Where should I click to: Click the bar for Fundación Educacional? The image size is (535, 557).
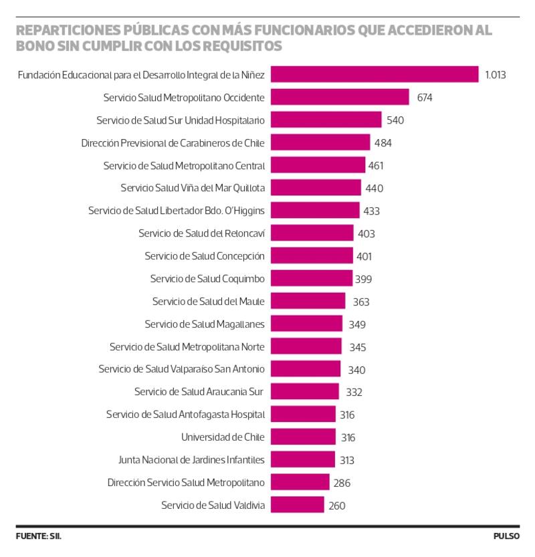click(x=374, y=74)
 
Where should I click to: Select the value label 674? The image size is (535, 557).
click(x=425, y=98)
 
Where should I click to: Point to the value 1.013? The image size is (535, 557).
click(x=496, y=75)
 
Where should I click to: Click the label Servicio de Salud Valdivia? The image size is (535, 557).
click(x=213, y=506)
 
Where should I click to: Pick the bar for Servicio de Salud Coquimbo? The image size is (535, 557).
click(x=312, y=278)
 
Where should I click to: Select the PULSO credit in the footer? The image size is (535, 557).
click(x=506, y=536)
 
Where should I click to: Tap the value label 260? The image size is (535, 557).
click(x=337, y=506)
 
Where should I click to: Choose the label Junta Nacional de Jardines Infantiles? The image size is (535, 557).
click(x=191, y=460)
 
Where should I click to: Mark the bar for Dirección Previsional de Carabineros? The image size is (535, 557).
click(x=320, y=142)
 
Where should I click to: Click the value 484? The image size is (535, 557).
click(x=383, y=143)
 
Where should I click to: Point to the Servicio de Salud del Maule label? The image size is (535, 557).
click(x=209, y=302)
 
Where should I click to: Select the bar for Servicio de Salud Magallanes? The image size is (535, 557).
click(x=306, y=324)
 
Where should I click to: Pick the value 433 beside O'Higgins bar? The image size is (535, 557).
click(x=371, y=211)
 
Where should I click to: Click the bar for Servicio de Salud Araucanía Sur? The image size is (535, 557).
click(x=305, y=392)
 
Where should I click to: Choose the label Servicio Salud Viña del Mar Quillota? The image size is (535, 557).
click(x=193, y=188)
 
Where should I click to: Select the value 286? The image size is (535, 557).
click(x=342, y=483)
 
